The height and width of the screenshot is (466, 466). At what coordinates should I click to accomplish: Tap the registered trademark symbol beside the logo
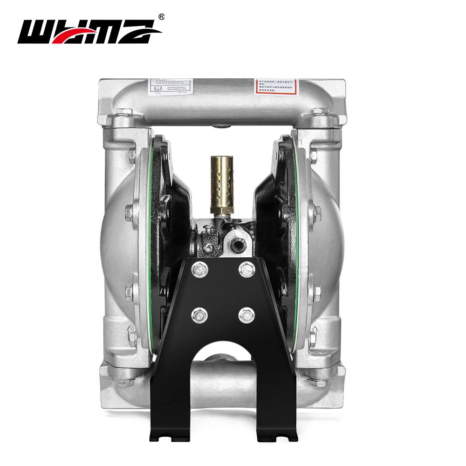click(x=162, y=17)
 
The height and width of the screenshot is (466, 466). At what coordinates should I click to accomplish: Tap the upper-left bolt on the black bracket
click(x=199, y=269)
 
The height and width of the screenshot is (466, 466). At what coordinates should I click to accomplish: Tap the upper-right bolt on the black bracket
click(x=247, y=269)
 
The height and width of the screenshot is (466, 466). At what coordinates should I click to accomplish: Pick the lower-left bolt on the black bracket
click(x=199, y=316)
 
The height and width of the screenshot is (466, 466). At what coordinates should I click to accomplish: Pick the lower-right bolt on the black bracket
click(x=247, y=316)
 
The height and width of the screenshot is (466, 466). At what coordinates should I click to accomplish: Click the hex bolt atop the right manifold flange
click(x=322, y=112)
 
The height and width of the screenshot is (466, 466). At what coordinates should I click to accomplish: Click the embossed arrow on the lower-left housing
click(x=131, y=334)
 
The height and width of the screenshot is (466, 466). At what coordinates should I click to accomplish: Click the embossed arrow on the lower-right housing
click(x=314, y=334)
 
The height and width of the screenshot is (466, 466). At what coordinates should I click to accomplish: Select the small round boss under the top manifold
click(x=222, y=126)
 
